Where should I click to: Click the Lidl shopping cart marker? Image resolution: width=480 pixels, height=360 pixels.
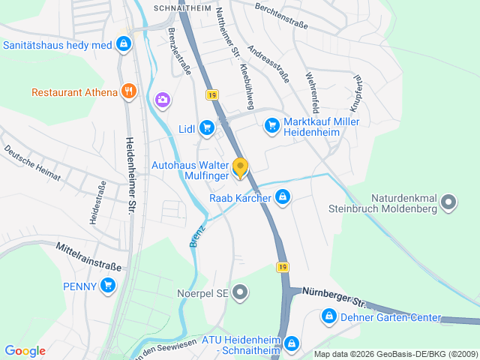coord(207,129)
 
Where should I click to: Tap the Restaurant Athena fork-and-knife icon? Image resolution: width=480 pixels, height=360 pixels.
coord(129,92)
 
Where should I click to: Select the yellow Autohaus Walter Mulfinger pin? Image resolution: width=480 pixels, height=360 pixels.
coord(240,167)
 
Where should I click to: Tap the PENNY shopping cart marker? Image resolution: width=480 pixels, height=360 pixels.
coord(108,285)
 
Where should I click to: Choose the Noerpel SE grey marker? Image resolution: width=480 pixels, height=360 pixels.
coord(240,292)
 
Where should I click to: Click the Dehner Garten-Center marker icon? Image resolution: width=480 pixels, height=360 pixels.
coord(328,317)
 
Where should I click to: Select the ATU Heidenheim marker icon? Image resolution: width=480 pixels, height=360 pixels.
coord(291,345)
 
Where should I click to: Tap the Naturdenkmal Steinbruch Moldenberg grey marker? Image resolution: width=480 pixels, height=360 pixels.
coord(448,202)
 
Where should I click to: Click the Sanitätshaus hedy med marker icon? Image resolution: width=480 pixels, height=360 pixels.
coord(124,45)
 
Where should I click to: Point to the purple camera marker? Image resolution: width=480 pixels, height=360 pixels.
coord(162,99)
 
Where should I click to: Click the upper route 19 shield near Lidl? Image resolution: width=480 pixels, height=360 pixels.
coord(212,94)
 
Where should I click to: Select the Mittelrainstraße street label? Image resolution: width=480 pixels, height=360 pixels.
coord(88,256)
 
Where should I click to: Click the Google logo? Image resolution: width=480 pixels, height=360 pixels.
coord(25,351)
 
